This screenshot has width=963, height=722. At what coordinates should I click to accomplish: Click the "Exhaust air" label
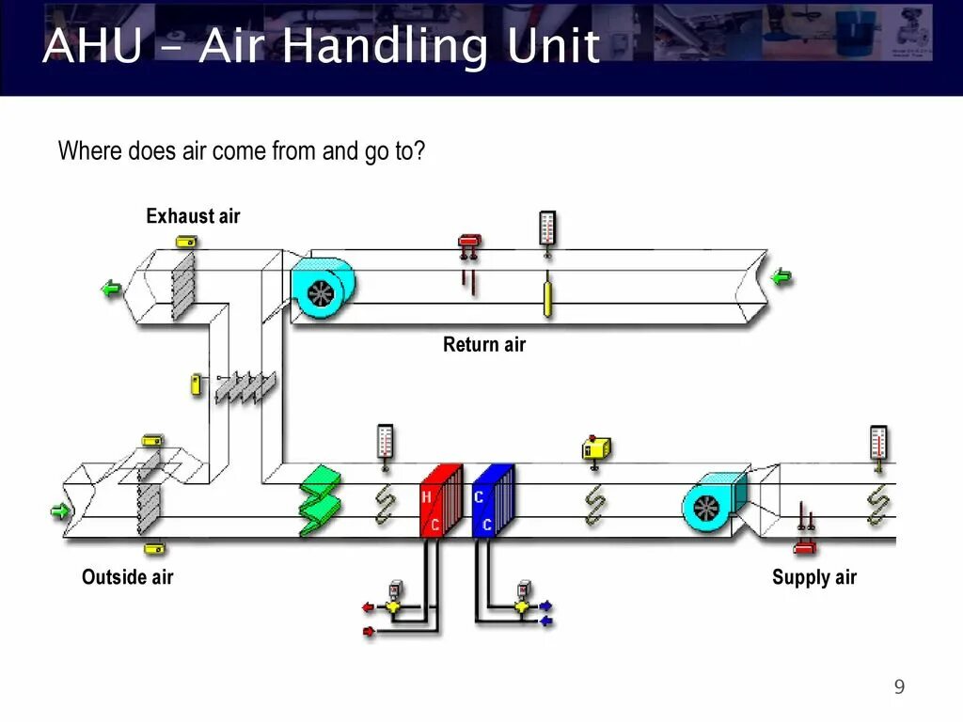(193, 216)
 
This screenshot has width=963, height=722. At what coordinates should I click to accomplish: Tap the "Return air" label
(484, 344)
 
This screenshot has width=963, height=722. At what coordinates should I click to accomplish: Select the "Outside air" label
(127, 576)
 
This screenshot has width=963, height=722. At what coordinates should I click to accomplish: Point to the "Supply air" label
(814, 576)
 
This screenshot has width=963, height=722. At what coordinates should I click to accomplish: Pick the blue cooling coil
(493, 500)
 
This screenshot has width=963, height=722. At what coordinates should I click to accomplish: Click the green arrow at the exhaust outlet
(112, 290)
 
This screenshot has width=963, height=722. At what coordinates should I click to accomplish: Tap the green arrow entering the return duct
(781, 276)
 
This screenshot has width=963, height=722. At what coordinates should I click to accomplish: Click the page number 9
(899, 687)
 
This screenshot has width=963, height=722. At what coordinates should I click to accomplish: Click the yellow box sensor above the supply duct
(596, 447)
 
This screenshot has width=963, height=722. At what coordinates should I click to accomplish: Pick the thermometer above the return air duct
(547, 228)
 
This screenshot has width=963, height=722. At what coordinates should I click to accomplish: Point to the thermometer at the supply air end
(878, 443)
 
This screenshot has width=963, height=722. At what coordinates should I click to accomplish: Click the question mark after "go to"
(420, 150)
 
